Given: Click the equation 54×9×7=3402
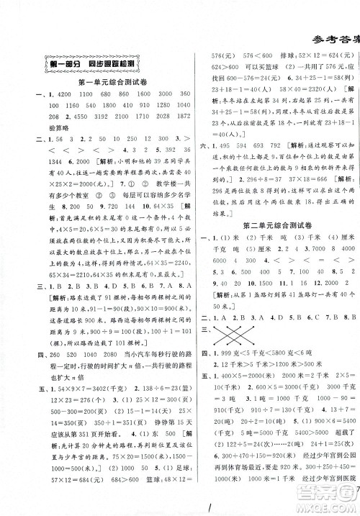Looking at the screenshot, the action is click(77, 407).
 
